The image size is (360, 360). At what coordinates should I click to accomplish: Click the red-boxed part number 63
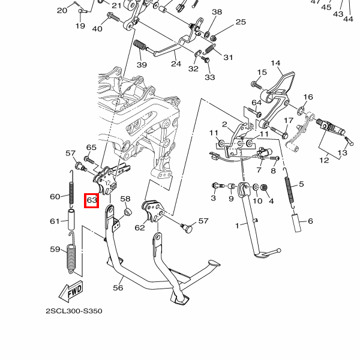tap(91, 200)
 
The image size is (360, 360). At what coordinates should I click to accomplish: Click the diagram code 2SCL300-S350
tap(74, 311)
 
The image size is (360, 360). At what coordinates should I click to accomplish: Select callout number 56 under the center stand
tap(118, 288)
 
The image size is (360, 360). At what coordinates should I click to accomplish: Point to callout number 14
tap(275, 63)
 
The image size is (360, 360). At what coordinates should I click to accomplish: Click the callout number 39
tap(142, 65)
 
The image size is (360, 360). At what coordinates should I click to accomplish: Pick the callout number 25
tap(241, 22)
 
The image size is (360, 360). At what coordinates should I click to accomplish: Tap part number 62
tap(140, 227)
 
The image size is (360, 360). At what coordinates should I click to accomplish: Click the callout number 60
tap(55, 197)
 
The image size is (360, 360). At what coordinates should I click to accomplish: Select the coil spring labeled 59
tap(70, 258)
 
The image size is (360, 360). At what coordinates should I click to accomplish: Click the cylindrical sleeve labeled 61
tap(70, 220)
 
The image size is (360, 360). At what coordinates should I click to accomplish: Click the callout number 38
tap(217, 12)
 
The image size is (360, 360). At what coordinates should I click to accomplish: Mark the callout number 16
tap(308, 97)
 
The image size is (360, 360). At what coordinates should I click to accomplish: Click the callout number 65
tap(91, 148)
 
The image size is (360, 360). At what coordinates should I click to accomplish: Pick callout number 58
tap(125, 199)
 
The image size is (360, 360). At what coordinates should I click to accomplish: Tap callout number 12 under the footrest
tap(324, 160)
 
